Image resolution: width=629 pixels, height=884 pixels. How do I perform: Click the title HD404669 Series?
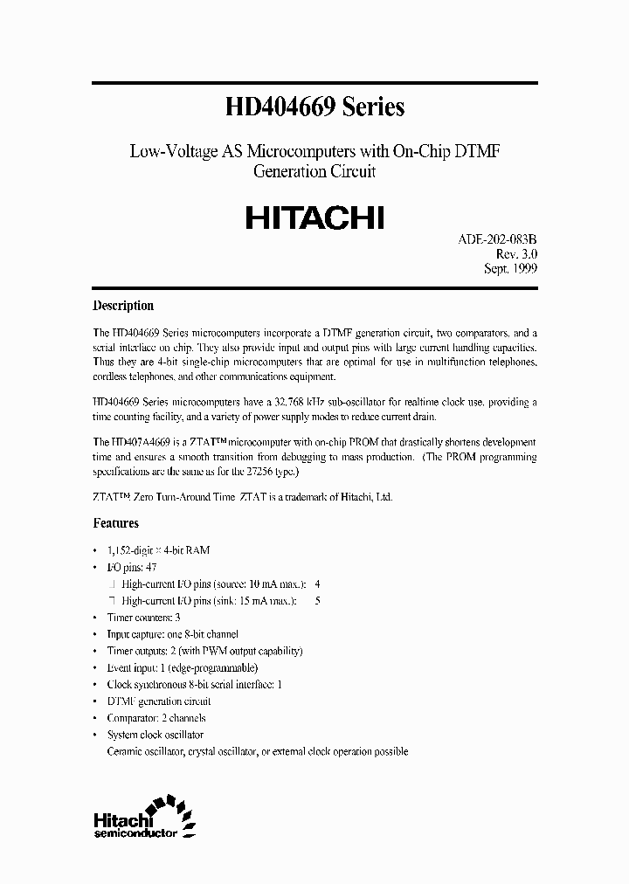314,107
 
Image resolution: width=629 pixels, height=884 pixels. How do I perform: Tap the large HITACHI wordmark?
314,216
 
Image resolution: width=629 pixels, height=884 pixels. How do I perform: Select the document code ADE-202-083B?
497,238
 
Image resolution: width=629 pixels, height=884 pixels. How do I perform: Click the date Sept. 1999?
510,269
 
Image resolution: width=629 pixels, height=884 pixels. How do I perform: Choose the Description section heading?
123,306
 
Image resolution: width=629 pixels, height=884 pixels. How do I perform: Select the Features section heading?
115,523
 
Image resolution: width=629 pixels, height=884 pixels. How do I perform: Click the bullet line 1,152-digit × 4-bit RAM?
157,550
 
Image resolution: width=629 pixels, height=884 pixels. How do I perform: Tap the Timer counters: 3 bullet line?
144,617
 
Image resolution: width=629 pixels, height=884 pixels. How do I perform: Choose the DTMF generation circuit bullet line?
158,701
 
